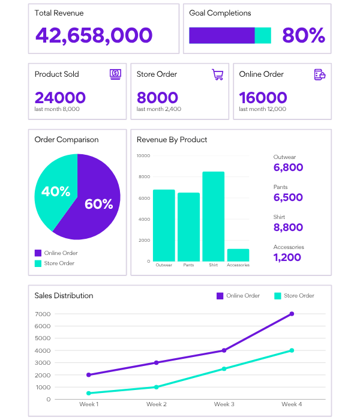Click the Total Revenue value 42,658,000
pos(94,35)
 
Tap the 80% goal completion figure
pos(303,35)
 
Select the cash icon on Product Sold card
pos(115,74)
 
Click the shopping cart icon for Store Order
pos(217,74)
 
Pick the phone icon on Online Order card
pos(319,74)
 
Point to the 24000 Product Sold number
pos(60,98)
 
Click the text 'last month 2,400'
pos(158,109)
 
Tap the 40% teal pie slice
pos(55,192)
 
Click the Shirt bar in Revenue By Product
pos(213,216)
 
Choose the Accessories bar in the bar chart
pos(238,255)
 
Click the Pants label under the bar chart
pos(188,265)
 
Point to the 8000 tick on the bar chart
pos(144,177)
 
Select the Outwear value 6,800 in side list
pos(288,167)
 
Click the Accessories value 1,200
pos(287,257)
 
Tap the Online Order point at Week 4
pos(292,314)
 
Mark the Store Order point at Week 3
pos(224,368)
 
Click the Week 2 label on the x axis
pos(157,404)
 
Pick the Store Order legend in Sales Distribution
pos(294,296)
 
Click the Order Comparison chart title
pos(67,140)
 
